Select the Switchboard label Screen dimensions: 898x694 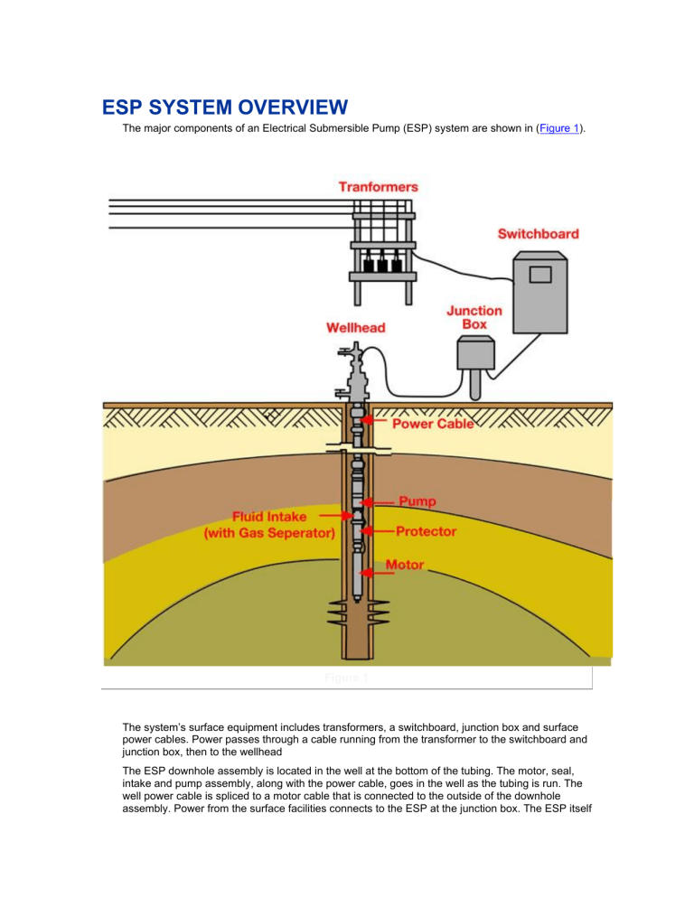coord(539,233)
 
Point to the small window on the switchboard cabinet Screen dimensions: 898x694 coord(540,273)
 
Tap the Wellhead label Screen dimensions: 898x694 coord(355,328)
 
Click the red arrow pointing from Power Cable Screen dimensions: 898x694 coord(379,422)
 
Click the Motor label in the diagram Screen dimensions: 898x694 coord(405,566)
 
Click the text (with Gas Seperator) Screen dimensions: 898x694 coord(267,533)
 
